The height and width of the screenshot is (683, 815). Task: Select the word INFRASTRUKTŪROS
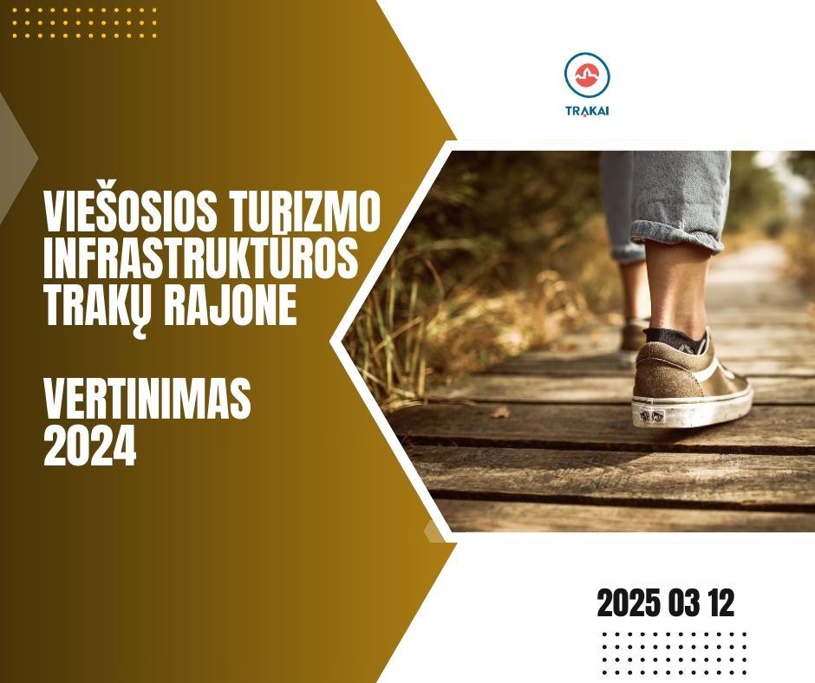(x=201, y=257)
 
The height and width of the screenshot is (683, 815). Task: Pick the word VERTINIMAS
(x=147, y=399)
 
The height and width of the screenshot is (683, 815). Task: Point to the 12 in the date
(x=720, y=603)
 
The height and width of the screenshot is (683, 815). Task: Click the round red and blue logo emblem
(x=587, y=75)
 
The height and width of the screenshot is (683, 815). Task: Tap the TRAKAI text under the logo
(x=587, y=111)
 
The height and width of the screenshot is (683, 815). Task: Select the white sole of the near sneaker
(x=691, y=408)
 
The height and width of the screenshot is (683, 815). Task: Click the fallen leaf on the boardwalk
(x=500, y=413)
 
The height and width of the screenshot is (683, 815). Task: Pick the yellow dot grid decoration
(x=84, y=23)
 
